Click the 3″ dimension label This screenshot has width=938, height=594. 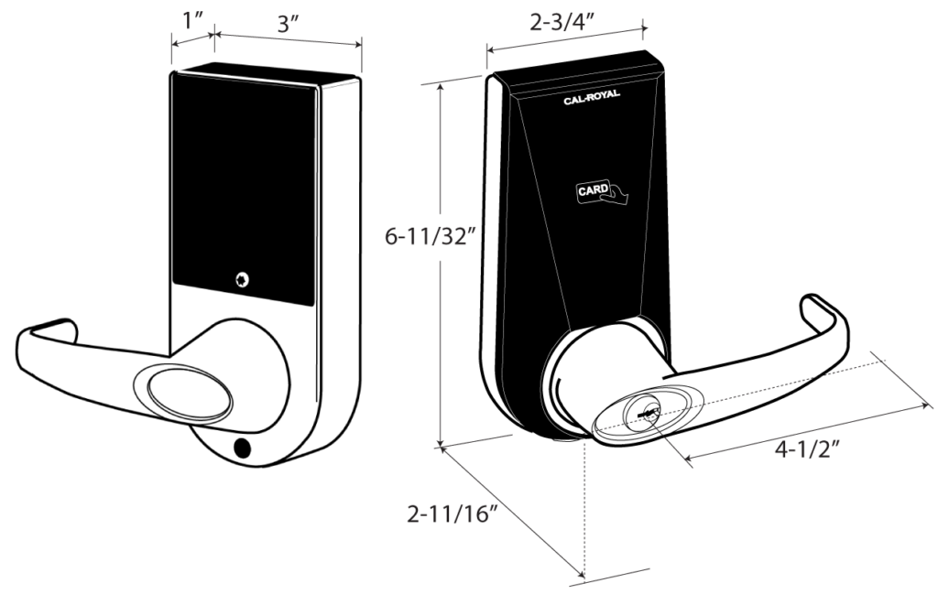click(x=288, y=24)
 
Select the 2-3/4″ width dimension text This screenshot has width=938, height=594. click(x=562, y=22)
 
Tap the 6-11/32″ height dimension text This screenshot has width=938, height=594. click(x=431, y=237)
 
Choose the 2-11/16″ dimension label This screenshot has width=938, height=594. click(x=453, y=513)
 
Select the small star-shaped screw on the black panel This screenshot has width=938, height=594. click(x=242, y=280)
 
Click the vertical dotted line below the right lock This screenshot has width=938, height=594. click(x=584, y=507)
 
